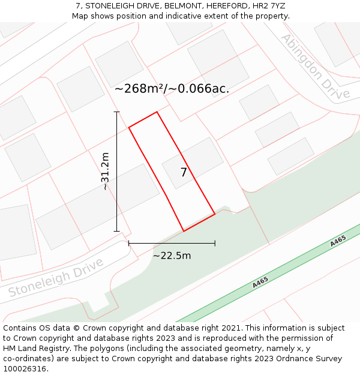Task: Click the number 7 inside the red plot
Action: [x=184, y=173]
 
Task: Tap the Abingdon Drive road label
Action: [x=316, y=67]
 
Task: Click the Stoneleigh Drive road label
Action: [x=56, y=278]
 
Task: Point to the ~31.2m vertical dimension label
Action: [x=105, y=171]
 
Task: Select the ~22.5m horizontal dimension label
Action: [x=172, y=256]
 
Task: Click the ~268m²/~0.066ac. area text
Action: [x=172, y=89]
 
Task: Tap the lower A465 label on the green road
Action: [x=260, y=282]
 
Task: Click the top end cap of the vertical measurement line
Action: [x=117, y=112]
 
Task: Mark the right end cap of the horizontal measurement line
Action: [x=215, y=243]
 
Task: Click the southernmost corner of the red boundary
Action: [x=184, y=231]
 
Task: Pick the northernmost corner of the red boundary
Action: [x=157, y=112]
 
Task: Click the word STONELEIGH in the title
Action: [x=108, y=5]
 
